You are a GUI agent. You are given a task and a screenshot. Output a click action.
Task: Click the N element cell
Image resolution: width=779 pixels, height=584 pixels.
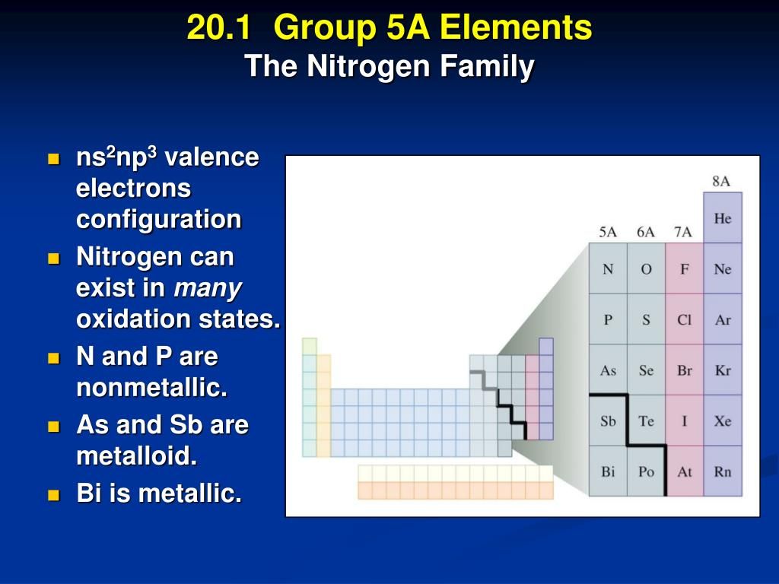coord(608,268)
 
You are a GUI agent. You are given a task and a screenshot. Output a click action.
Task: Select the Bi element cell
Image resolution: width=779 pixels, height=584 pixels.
coord(608,471)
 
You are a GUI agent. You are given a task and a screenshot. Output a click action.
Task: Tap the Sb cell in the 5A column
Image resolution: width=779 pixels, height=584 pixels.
coord(608,421)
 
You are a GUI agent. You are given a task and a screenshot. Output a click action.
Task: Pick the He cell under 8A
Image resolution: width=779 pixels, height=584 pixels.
coord(723,218)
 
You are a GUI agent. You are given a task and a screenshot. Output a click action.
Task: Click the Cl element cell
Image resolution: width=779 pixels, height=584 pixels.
coord(685,319)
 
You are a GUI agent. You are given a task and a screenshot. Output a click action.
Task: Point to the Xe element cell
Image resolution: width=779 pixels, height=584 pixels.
coord(723,421)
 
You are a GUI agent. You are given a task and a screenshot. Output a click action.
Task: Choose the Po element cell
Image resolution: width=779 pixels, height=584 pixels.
coord(647,471)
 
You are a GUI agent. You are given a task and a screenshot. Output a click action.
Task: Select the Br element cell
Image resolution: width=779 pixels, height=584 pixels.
coord(685,370)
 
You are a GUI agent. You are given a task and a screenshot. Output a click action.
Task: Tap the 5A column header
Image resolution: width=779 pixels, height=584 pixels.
coord(608,232)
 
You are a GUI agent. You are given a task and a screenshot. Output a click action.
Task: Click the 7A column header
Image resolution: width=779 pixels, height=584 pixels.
coord(683,232)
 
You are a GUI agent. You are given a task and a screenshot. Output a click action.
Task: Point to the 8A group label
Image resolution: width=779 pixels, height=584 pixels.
coord(721,181)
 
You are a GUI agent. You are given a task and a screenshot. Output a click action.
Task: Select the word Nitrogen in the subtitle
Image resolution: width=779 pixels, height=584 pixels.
coord(369,65)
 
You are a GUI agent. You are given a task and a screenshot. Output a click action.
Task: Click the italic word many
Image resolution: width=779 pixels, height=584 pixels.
coord(208,288)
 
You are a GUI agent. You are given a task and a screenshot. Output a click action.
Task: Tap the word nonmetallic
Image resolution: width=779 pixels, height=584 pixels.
coord(151,387)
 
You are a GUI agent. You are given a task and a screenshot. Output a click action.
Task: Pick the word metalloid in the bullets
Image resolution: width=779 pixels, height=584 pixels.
coord(137,455)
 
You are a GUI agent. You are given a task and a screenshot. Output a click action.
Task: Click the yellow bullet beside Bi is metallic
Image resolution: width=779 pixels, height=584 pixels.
coord(54,495)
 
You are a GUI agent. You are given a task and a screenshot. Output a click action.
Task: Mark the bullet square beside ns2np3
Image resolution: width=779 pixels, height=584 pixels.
coord(54,159)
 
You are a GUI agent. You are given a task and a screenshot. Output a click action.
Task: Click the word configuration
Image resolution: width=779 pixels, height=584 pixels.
coord(158,220)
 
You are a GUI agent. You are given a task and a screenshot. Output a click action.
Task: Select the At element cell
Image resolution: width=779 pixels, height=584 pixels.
coord(685,471)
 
